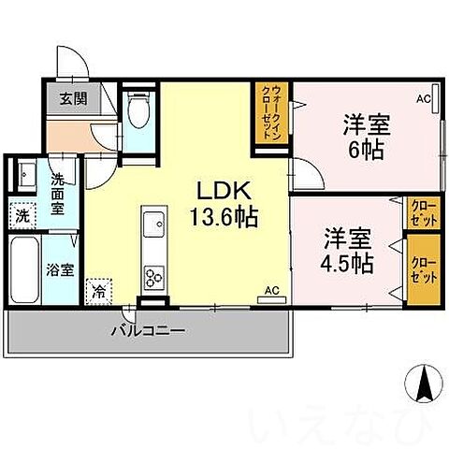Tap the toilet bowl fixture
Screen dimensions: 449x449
coord(138,113)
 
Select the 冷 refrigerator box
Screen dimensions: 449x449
coord(98,291)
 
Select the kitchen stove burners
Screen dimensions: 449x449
coord(152,277)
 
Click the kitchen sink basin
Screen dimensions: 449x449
coord(152,224)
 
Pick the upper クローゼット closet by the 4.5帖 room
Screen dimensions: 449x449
coord(421,211)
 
